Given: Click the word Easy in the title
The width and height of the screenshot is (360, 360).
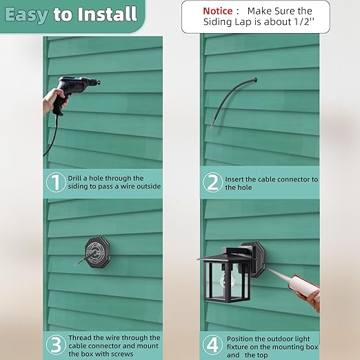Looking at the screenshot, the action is pos(26,15).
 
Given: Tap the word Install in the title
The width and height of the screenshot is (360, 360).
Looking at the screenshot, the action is pos(107,14).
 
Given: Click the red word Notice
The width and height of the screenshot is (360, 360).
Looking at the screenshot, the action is pos(218,11).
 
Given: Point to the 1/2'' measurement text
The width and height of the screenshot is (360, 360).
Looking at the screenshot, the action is pos(304,22).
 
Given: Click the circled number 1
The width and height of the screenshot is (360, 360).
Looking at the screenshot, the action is pos(56,182).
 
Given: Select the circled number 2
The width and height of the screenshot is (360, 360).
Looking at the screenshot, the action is pos(212,183).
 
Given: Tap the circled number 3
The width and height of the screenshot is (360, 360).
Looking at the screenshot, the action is pos(56,345).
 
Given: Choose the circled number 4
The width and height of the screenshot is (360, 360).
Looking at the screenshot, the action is pos(212,344).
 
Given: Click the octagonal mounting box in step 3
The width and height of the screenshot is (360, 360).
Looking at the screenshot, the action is pos(97,253).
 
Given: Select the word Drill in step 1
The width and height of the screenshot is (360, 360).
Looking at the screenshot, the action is pos(75,178).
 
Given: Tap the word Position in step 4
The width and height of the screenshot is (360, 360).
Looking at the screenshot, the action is pos(240,339).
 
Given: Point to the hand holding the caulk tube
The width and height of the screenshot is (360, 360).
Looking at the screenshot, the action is pos(309,299).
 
